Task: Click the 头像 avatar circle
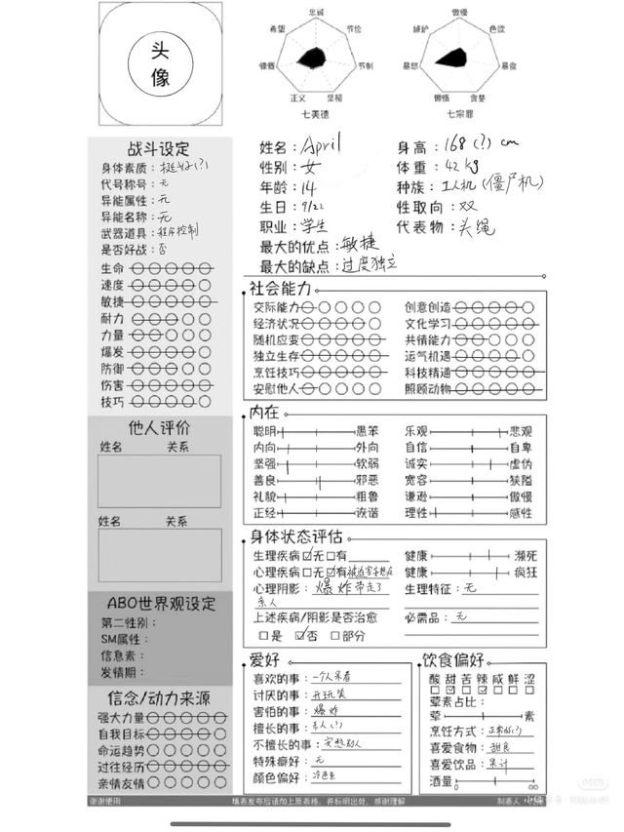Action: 160,64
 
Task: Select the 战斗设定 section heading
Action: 159,149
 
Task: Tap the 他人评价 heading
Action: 159,427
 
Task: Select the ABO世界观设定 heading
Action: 159,604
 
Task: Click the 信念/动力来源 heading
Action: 159,698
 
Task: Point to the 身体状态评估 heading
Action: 296,536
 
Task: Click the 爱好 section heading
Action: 264,659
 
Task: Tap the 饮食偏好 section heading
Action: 453,659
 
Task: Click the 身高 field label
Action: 412,147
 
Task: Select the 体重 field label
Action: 412,167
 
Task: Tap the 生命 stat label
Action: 112,268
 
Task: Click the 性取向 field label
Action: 419,208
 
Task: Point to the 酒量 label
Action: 441,781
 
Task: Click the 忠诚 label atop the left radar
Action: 317,11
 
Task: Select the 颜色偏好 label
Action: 277,776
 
